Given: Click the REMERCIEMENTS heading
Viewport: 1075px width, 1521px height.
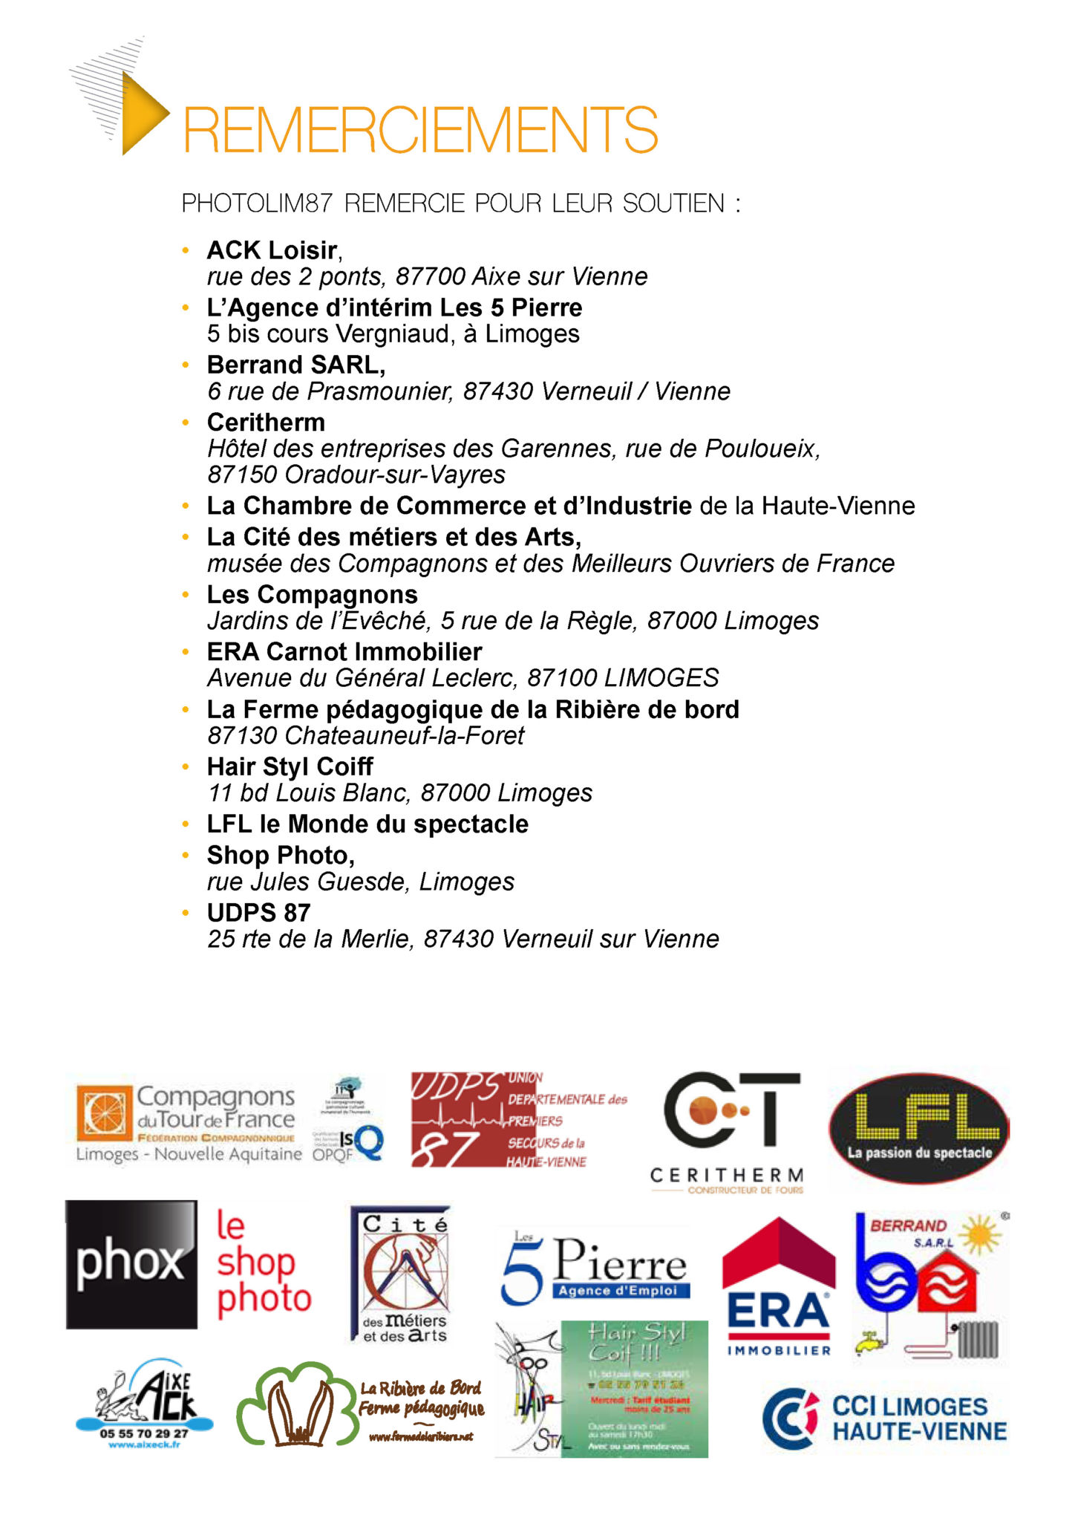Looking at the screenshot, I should tap(420, 129).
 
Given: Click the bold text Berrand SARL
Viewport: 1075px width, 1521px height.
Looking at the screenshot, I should tap(295, 365).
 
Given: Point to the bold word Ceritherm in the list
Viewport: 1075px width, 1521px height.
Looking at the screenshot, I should tap(266, 423).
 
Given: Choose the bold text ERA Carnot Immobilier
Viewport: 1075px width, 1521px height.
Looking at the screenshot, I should tap(344, 652).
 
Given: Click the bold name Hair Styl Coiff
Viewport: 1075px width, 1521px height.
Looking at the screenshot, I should tap(290, 766).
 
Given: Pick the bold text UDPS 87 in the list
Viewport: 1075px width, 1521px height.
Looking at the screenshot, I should tap(258, 913).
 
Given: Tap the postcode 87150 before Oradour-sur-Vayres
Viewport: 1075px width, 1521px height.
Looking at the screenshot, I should tap(243, 475).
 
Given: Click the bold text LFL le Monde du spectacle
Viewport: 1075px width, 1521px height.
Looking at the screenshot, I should tap(367, 824).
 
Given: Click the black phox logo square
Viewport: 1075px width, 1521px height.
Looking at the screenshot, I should tap(131, 1264).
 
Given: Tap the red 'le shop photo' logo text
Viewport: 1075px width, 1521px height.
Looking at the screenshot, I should tap(263, 1263).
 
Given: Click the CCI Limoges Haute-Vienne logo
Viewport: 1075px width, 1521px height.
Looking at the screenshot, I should tap(884, 1418).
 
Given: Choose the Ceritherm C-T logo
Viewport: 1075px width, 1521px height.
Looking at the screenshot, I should tap(728, 1129).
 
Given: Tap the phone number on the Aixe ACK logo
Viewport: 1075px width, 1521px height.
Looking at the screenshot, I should tap(144, 1433).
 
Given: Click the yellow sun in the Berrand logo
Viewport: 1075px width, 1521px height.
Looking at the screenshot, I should tap(981, 1235).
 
